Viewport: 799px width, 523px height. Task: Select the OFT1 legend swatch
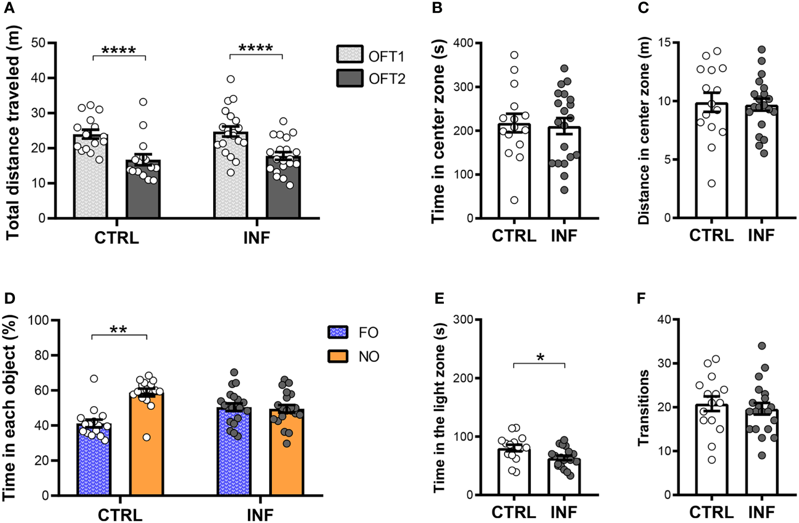(x=350, y=55)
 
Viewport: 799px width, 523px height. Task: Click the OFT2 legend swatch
(x=350, y=78)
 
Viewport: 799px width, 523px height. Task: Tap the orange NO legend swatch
(x=338, y=356)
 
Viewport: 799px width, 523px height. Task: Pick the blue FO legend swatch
(x=338, y=332)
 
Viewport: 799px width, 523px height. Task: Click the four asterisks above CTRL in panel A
(x=119, y=50)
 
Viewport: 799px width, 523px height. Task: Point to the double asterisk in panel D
(x=119, y=329)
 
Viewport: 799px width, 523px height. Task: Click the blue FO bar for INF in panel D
(x=234, y=454)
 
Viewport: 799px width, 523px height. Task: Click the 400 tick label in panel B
(x=464, y=43)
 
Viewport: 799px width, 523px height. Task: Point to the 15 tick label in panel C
(x=665, y=43)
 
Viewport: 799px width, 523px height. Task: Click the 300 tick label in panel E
(x=464, y=319)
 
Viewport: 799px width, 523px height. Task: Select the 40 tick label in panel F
(x=664, y=319)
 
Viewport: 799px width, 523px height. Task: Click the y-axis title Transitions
(x=644, y=407)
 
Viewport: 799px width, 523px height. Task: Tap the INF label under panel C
(x=761, y=235)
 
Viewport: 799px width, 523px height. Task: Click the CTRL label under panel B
(x=514, y=235)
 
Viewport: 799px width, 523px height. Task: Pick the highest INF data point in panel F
(x=762, y=346)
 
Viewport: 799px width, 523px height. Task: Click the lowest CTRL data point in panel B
(x=514, y=200)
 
